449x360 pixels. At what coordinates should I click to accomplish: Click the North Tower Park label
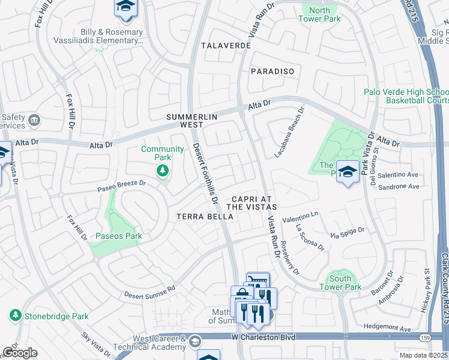click(319, 14)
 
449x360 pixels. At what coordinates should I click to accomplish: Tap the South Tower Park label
click(345, 283)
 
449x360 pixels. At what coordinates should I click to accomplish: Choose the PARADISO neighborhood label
click(273, 71)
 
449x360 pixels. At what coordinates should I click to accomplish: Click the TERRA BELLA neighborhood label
click(199, 216)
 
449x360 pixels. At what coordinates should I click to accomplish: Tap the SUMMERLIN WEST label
click(190, 121)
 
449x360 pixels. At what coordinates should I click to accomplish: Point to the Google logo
click(20, 353)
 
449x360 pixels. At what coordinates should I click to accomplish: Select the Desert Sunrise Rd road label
click(150, 292)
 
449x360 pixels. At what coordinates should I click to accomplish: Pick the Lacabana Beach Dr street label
click(290, 131)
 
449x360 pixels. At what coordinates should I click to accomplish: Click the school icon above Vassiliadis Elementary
click(125, 7)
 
